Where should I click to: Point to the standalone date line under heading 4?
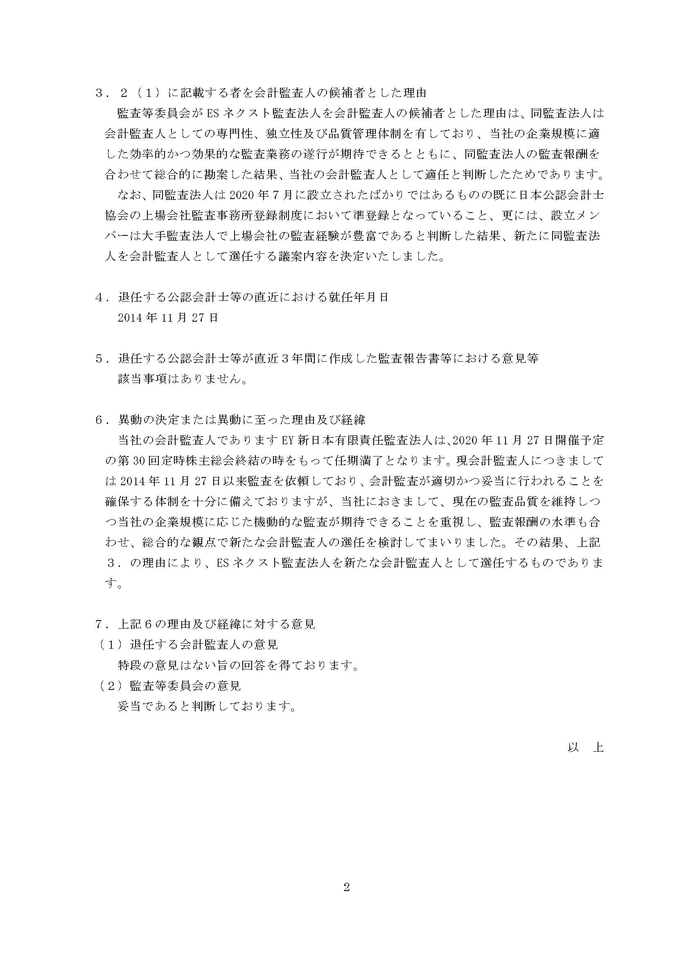tap(167, 318)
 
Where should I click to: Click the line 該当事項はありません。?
tap(182, 379)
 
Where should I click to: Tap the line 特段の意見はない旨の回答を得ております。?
tap(239, 665)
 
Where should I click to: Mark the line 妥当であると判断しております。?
tap(207, 706)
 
